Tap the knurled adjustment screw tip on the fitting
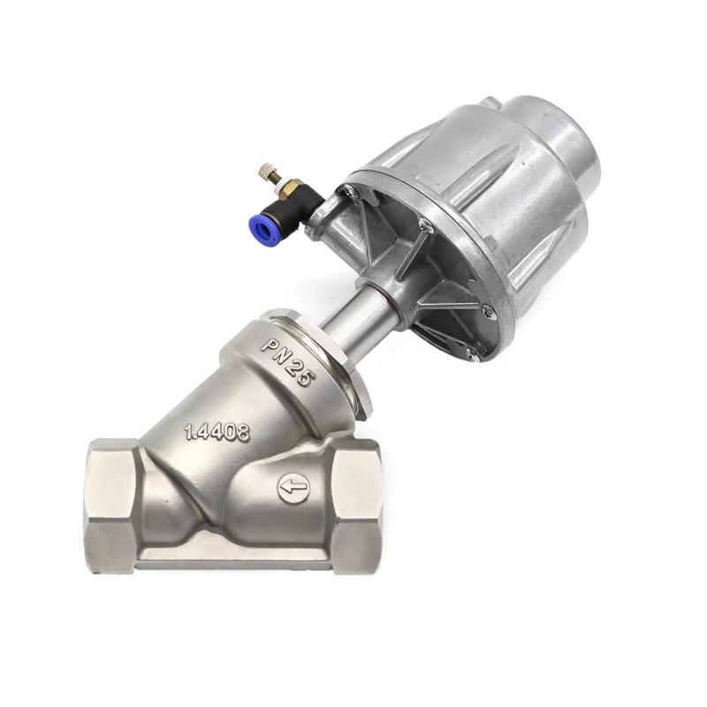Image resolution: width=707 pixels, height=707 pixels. coord(266,171)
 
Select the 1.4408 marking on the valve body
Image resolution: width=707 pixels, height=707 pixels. coord(217,431)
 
